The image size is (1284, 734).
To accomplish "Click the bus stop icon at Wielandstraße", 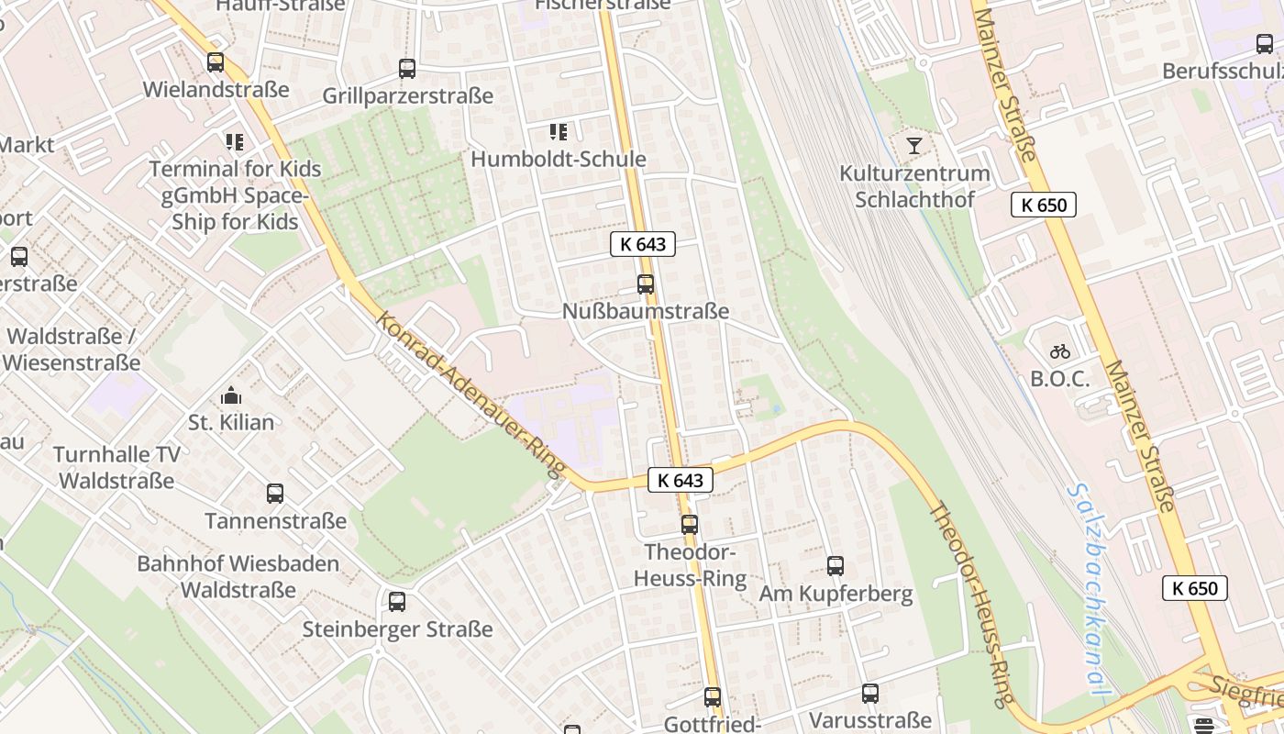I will (216, 62).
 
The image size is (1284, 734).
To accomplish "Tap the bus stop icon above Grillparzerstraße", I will (407, 68).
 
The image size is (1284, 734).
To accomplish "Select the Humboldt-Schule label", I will (558, 159).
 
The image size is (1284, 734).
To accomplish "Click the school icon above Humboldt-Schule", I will (558, 132).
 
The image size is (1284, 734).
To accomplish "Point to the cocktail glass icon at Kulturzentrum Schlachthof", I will (913, 145).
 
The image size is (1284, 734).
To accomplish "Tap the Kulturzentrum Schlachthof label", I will (914, 185).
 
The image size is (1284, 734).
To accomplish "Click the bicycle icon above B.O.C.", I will (1059, 350).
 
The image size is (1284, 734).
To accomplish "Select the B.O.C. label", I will (1059, 378).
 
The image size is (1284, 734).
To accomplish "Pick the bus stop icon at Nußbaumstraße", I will (646, 284).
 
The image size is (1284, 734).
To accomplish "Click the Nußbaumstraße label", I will (646, 311).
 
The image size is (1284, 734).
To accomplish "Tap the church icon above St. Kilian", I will (231, 395).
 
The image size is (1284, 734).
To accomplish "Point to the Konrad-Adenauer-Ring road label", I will (469, 395).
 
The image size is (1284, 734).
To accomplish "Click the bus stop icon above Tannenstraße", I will (275, 494).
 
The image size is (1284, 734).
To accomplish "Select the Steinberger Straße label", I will (397, 629).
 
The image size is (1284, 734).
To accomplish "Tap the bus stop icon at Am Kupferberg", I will (836, 566).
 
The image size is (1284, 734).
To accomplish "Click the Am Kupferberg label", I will (836, 594).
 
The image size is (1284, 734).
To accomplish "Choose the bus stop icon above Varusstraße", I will (870, 694).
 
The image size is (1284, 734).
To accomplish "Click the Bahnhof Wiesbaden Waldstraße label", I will (238, 576).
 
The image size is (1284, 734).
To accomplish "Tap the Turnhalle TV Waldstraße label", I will (116, 467).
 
